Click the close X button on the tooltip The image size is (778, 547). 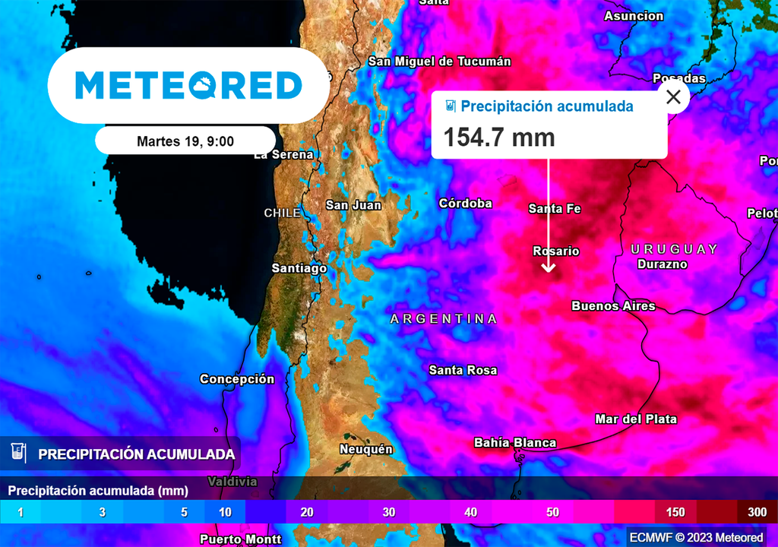tap(673, 97)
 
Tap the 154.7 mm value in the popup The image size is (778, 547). tap(499, 138)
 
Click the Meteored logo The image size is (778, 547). tap(188, 85)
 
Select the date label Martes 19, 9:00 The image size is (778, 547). tap(185, 141)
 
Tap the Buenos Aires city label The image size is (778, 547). tap(613, 306)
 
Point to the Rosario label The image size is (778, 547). tap(556, 251)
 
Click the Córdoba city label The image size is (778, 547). tap(465, 204)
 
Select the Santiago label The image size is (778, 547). tap(299, 268)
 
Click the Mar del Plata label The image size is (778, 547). tap(636, 419)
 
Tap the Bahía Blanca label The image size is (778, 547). tap(515, 443)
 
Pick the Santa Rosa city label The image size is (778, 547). tap(463, 371)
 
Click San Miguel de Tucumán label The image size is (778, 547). tap(440, 62)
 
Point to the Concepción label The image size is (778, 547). tap(237, 379)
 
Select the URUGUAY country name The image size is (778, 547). tap(674, 249)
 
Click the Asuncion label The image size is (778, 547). tap(634, 16)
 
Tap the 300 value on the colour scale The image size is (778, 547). tap(757, 512)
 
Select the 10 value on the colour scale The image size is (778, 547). tap(225, 512)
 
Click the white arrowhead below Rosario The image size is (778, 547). tap(549, 267)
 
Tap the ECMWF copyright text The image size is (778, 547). tap(696, 538)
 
